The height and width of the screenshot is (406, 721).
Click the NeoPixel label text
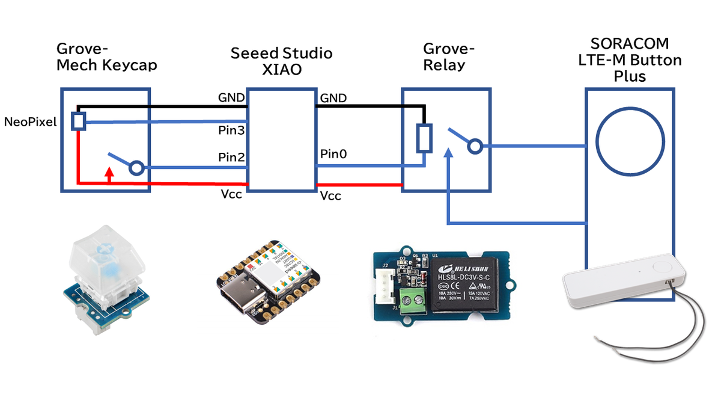tap(31, 122)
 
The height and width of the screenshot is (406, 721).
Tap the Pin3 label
tap(231, 130)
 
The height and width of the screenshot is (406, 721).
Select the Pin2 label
tap(231, 158)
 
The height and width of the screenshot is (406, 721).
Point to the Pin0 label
tap(334, 155)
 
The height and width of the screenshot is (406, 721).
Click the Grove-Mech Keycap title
tap(106, 57)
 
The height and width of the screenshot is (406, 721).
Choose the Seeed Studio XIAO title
tap(281, 61)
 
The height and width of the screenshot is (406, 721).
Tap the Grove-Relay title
tap(449, 57)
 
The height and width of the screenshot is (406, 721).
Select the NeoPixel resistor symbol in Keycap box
tap(78, 121)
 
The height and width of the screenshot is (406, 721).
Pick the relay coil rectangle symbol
tap(425, 138)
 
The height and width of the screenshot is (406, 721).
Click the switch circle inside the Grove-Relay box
tap(476, 146)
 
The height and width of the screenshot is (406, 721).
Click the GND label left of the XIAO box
tap(231, 98)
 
